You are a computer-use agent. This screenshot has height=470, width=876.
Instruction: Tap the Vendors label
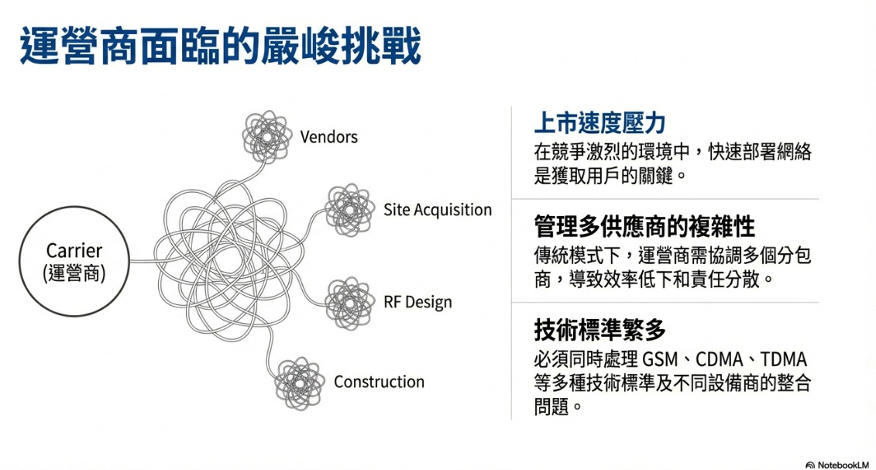pos(328,137)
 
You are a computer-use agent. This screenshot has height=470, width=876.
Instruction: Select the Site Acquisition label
pos(437,210)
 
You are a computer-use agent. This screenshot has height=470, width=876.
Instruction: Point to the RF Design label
pos(417,302)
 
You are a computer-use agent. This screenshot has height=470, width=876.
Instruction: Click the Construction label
pos(379,382)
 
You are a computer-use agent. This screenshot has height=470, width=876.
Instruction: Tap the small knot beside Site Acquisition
pos(351,210)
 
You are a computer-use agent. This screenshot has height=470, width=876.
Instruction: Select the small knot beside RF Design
pos(351,300)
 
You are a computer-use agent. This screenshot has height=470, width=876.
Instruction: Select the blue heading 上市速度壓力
pos(600,122)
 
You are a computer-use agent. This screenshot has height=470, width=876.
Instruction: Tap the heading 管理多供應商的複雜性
pos(644,226)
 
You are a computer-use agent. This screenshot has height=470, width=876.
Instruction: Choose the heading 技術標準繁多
pos(600,330)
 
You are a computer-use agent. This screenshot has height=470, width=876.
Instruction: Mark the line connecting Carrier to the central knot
pos(143,262)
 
